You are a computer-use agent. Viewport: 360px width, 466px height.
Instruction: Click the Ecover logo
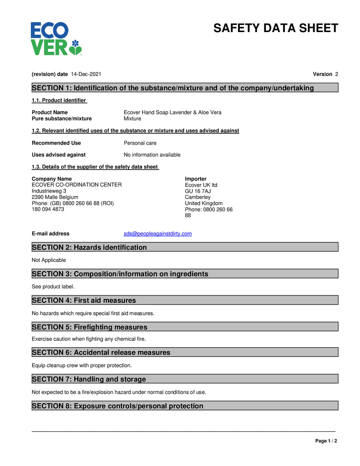click(x=56, y=39)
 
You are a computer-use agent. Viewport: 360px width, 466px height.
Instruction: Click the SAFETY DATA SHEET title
click(x=275, y=28)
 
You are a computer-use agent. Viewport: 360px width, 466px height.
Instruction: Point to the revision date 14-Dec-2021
click(x=86, y=74)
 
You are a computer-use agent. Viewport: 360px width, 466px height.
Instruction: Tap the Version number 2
click(x=337, y=74)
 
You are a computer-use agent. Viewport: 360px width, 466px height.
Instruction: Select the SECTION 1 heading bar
click(x=185, y=88)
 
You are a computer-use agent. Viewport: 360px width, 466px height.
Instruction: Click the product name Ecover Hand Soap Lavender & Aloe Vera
click(x=172, y=112)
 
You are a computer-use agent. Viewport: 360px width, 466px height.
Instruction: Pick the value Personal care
click(x=140, y=143)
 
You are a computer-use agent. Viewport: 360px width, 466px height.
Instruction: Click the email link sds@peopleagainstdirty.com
click(x=158, y=234)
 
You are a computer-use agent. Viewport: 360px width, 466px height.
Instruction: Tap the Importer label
click(x=195, y=179)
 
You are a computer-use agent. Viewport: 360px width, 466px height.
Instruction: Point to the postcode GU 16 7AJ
click(x=198, y=191)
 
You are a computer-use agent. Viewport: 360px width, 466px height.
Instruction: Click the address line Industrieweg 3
click(x=49, y=191)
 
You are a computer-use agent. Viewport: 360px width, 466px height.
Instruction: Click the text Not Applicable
click(x=49, y=260)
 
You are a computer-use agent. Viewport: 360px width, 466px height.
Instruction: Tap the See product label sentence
click(x=53, y=287)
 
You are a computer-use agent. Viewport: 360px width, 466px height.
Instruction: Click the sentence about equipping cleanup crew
click(x=82, y=366)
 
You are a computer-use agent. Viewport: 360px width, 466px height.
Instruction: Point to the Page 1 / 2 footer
click(x=326, y=441)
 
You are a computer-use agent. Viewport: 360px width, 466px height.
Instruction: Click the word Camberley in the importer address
click(x=198, y=197)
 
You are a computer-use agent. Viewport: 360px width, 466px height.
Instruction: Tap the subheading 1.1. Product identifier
click(x=59, y=100)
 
